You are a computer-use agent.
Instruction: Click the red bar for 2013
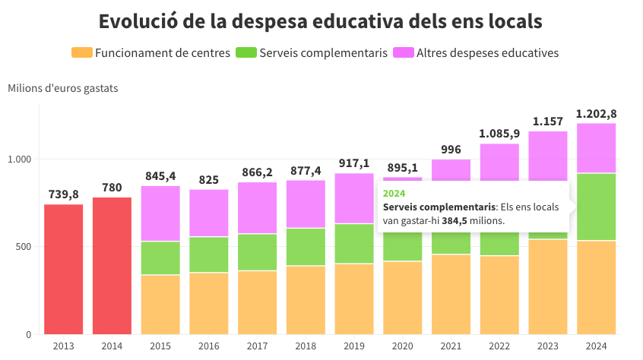63,269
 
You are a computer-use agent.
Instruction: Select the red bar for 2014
112,266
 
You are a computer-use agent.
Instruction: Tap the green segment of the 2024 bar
596,207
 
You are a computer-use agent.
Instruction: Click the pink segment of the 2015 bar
160,213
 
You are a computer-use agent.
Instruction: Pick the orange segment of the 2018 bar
306,300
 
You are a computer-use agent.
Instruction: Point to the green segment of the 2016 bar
209,254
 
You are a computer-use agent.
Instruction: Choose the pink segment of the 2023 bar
548,156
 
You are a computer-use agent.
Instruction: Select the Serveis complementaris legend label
323,52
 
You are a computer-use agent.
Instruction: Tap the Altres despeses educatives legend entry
487,52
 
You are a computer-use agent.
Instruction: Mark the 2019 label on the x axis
354,346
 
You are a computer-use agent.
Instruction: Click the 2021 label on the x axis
451,346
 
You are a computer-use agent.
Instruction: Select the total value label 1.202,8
596,114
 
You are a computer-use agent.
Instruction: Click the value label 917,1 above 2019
354,164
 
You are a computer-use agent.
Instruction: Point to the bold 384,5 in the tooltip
455,221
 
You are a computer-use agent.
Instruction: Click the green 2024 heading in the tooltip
394,193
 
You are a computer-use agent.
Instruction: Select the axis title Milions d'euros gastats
63,88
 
